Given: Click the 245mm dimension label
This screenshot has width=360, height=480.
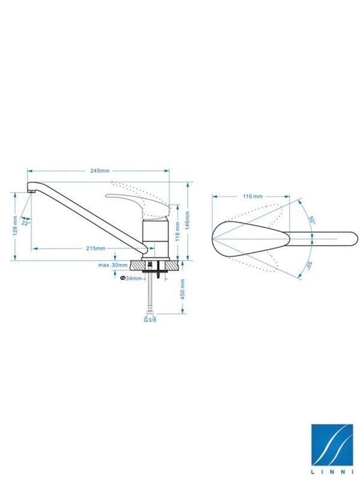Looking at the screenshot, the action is [x=100, y=170].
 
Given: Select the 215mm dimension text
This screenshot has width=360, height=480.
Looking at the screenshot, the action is [x=95, y=248].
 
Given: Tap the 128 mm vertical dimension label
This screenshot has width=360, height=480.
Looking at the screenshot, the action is [x=15, y=226].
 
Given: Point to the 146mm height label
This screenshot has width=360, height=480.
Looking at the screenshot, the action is [x=188, y=220].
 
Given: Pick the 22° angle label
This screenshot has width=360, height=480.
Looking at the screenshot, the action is [x=26, y=224].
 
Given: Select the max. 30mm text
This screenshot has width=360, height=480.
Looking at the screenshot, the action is [x=113, y=265].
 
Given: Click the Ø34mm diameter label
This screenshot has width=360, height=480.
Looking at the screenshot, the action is [x=131, y=278].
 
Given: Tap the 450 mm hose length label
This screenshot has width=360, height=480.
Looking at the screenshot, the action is [x=182, y=289].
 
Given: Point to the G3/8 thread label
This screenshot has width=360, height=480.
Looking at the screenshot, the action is [x=150, y=320].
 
